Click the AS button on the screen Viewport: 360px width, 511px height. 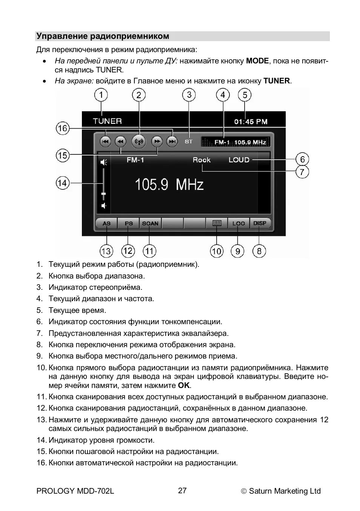click(x=106, y=223)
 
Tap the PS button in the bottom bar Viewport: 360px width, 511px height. click(x=129, y=223)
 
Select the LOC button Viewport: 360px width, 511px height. click(x=238, y=223)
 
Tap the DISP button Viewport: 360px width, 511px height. click(x=260, y=223)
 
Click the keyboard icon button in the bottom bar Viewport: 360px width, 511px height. click(x=217, y=223)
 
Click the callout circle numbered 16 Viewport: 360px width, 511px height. click(x=63, y=128)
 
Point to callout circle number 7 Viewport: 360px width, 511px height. click(x=302, y=172)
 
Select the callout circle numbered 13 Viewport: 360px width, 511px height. click(x=106, y=251)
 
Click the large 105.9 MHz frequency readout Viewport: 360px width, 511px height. click(x=169, y=185)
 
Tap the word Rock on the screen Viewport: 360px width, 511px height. click(x=202, y=160)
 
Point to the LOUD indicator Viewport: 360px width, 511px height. click(x=239, y=160)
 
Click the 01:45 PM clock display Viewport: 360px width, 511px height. click(x=251, y=122)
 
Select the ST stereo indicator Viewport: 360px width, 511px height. click(x=189, y=142)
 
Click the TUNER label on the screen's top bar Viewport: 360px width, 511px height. click(x=108, y=121)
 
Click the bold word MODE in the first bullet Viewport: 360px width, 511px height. click(x=257, y=61)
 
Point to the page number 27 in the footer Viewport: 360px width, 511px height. click(x=182, y=491)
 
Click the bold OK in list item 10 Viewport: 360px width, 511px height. click(x=184, y=385)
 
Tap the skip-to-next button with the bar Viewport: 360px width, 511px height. click(x=172, y=142)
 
